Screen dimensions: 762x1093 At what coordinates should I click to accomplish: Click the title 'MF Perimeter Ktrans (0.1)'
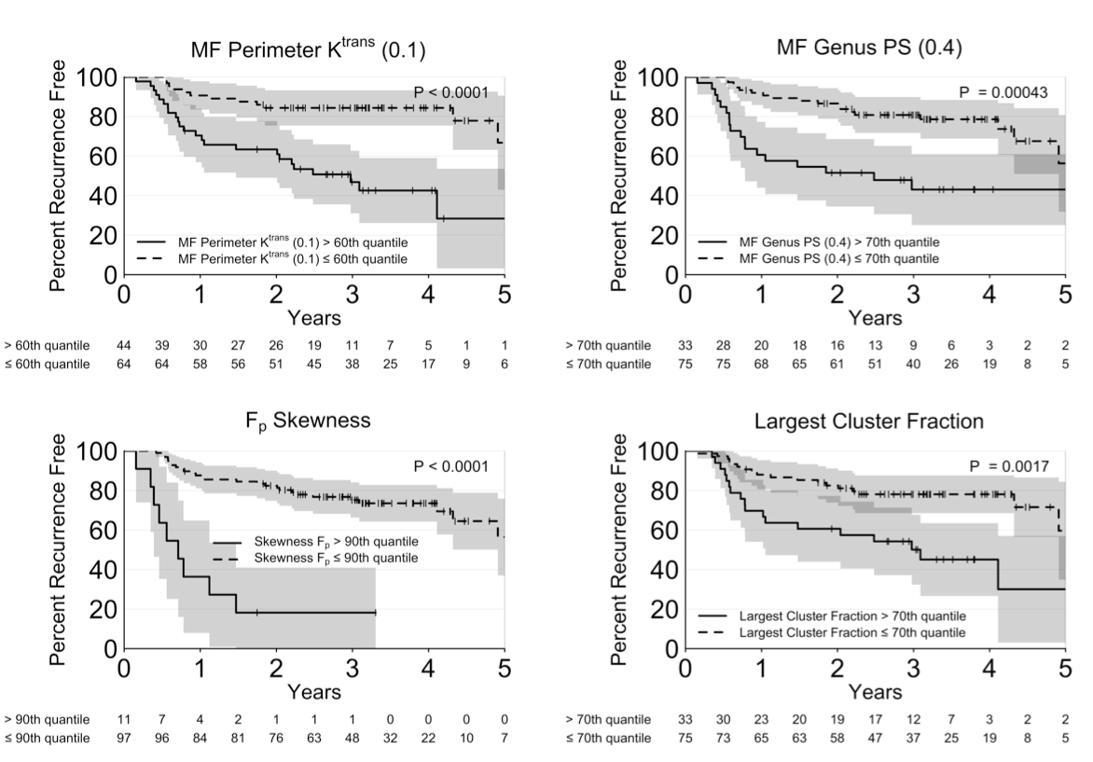point(308,49)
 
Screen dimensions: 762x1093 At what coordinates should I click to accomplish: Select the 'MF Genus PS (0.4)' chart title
point(868,48)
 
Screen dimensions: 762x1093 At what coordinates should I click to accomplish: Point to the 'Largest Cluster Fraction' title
point(868,422)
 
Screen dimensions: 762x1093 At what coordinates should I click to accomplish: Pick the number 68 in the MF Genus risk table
point(762,364)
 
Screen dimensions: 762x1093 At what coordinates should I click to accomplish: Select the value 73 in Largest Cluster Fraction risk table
point(724,738)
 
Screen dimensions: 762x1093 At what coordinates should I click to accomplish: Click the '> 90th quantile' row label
point(45,719)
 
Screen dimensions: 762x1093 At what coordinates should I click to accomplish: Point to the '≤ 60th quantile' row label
point(45,364)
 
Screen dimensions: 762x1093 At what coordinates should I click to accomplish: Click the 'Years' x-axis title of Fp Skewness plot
point(313,692)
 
